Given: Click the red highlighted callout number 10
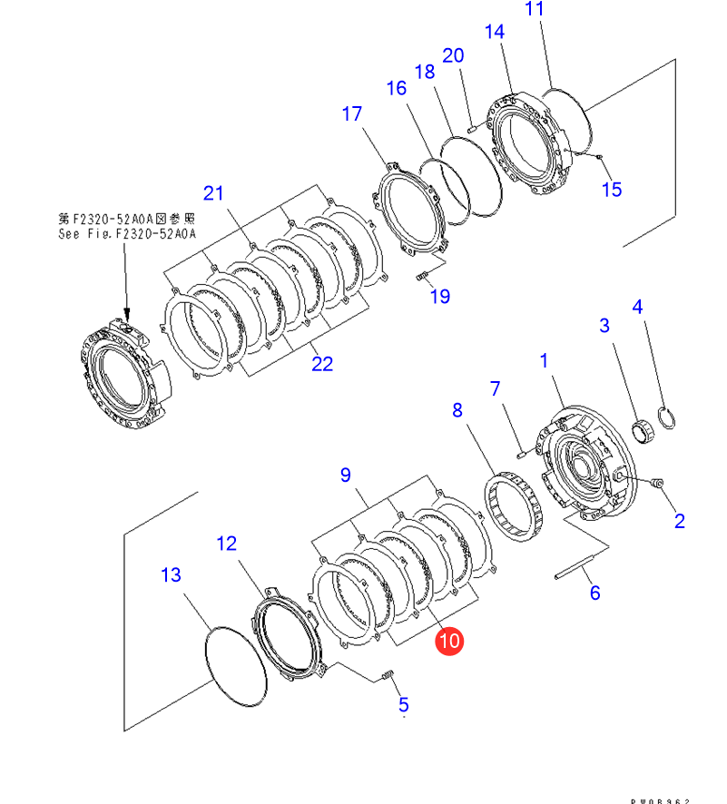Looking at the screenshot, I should [x=449, y=642].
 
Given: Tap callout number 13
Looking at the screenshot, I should [x=171, y=575].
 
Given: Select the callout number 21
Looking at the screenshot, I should [x=212, y=192].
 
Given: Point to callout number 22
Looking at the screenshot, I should [x=322, y=364].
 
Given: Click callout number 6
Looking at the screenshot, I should [x=594, y=593].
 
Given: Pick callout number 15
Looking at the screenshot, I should [x=613, y=189].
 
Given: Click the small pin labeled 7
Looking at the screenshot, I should [x=520, y=446].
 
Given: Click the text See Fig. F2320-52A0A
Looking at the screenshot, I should [x=126, y=233].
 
